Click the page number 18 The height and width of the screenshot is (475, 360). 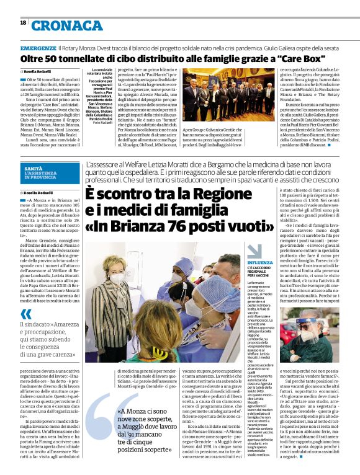point(23,22)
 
